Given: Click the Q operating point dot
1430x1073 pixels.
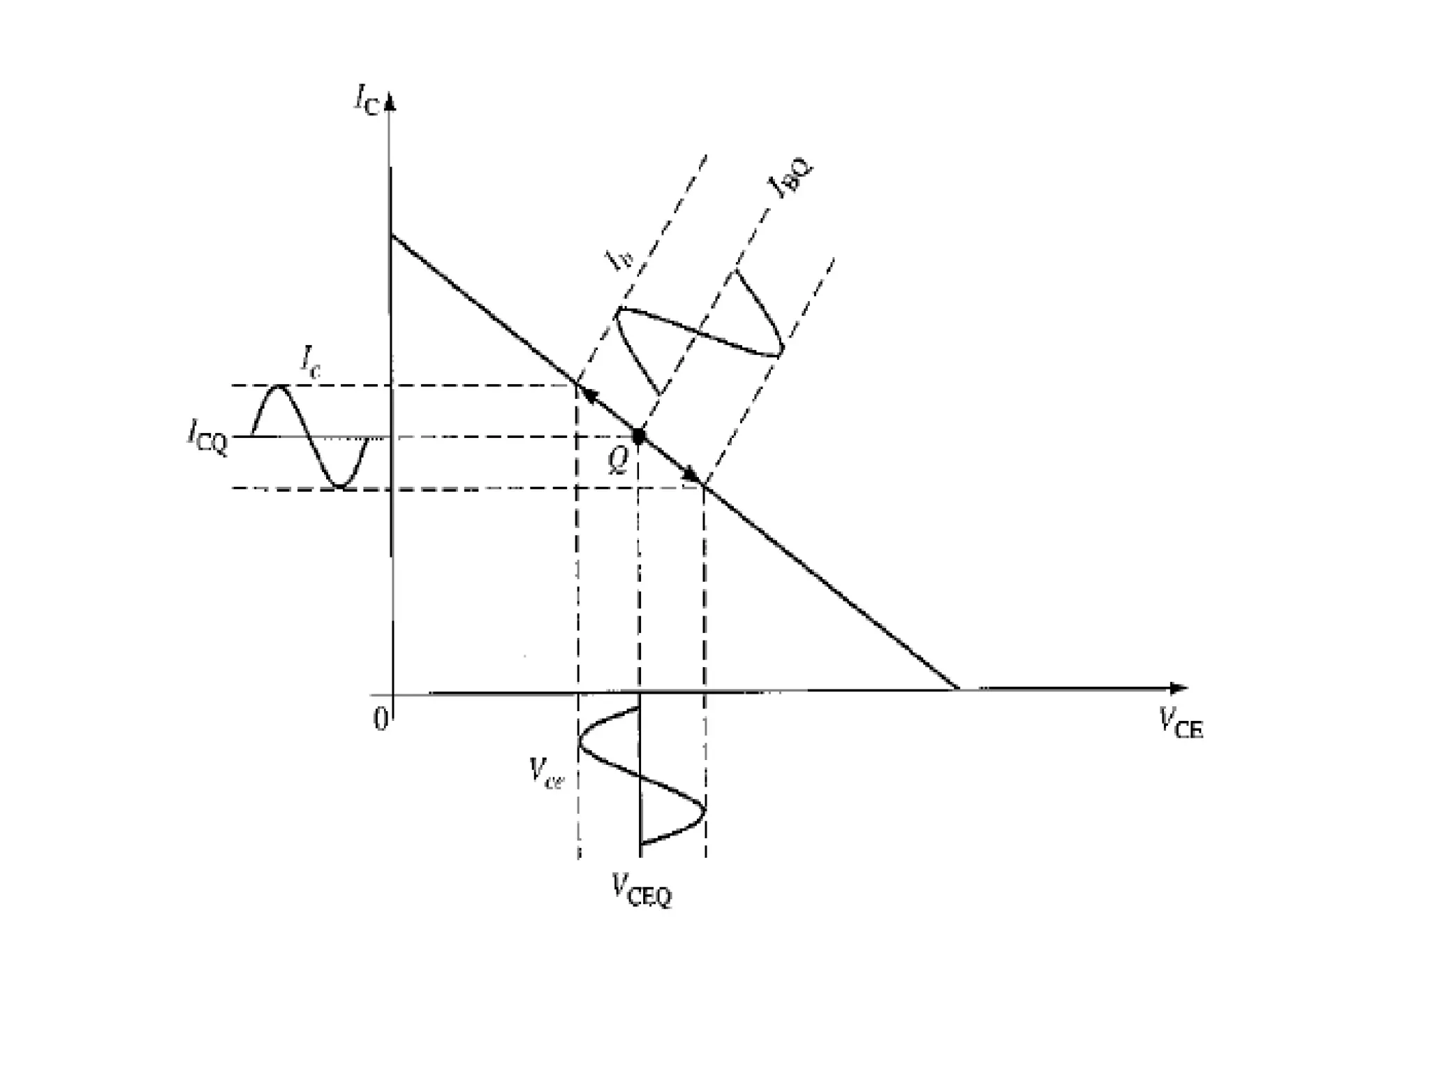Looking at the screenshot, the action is [638, 436].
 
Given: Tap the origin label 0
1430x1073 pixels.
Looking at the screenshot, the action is [381, 718].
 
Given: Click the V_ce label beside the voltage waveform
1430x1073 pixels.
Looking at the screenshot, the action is [546, 772].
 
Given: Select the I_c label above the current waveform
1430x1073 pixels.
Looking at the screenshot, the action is [311, 361].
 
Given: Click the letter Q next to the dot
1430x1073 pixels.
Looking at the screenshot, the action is [618, 460].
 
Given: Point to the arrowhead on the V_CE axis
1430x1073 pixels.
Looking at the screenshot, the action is [1179, 688].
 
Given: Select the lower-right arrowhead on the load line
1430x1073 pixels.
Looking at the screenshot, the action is [691, 475].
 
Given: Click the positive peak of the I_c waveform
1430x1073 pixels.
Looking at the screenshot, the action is [280, 386].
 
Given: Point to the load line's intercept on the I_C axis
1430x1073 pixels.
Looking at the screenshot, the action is [391, 236].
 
